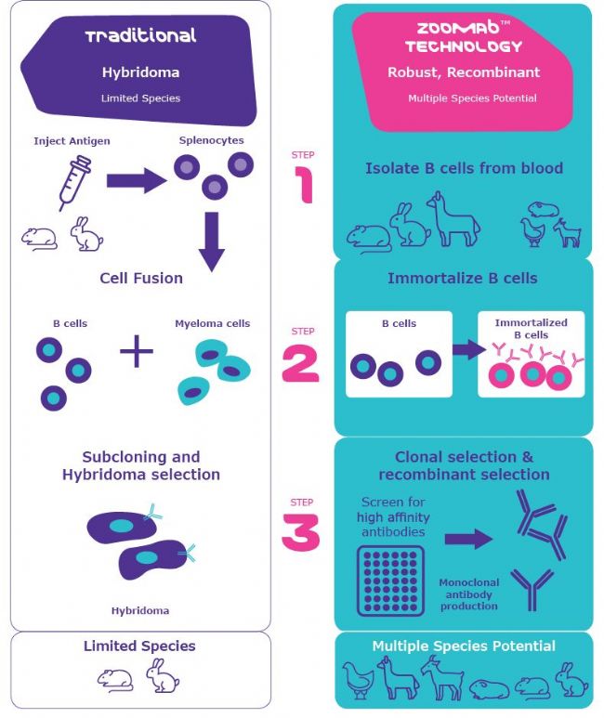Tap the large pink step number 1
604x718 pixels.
coord(302,183)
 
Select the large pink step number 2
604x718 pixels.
coord(300,364)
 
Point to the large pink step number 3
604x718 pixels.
coord(300,532)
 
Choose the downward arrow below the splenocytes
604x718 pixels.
coord(212,241)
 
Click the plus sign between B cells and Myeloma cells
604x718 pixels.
coord(136,354)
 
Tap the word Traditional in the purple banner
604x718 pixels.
coord(141,37)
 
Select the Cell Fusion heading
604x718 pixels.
coord(141,277)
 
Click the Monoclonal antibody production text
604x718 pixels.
coord(469,594)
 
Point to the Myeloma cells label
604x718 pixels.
coord(212,324)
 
